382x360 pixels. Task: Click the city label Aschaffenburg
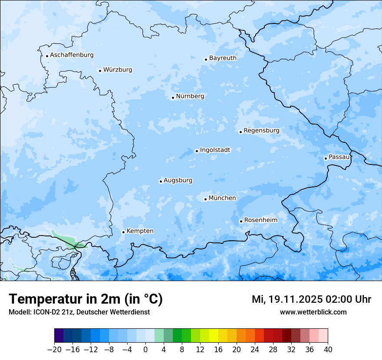(72, 55)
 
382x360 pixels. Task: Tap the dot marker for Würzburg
(100, 71)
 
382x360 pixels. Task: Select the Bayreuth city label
(223, 58)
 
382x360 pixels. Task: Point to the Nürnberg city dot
(173, 98)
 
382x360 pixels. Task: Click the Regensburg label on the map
(261, 131)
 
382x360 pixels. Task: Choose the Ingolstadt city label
(215, 150)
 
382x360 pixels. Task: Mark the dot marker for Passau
(326, 158)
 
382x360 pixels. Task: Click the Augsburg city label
(178, 180)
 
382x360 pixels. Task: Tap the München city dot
(205, 199)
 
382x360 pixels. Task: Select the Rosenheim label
(260, 220)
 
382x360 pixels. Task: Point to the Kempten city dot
(123, 232)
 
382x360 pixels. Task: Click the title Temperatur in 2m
(86, 299)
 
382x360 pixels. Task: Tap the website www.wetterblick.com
(313, 312)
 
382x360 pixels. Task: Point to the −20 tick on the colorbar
(55, 350)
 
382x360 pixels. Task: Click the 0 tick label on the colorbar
(145, 350)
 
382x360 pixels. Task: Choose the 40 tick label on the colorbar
(328, 350)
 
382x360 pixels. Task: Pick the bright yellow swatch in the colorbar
(214, 336)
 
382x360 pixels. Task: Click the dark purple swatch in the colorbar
(59, 336)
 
